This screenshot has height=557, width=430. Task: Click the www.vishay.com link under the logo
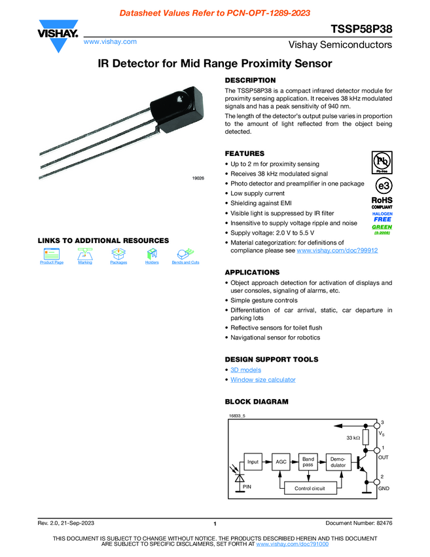click(x=110, y=41)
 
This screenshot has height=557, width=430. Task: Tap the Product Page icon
click(x=52, y=254)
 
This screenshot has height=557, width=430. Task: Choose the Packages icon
click(x=118, y=254)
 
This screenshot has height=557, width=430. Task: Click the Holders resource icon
click(x=152, y=254)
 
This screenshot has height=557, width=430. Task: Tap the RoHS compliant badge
click(x=382, y=202)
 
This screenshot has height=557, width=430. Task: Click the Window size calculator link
click(x=262, y=379)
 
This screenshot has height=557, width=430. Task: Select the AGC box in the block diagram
click(x=281, y=461)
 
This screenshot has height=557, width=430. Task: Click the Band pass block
click(x=308, y=461)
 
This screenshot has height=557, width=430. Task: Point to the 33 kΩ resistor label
click(x=353, y=437)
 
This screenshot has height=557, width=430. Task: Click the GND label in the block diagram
click(x=384, y=489)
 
